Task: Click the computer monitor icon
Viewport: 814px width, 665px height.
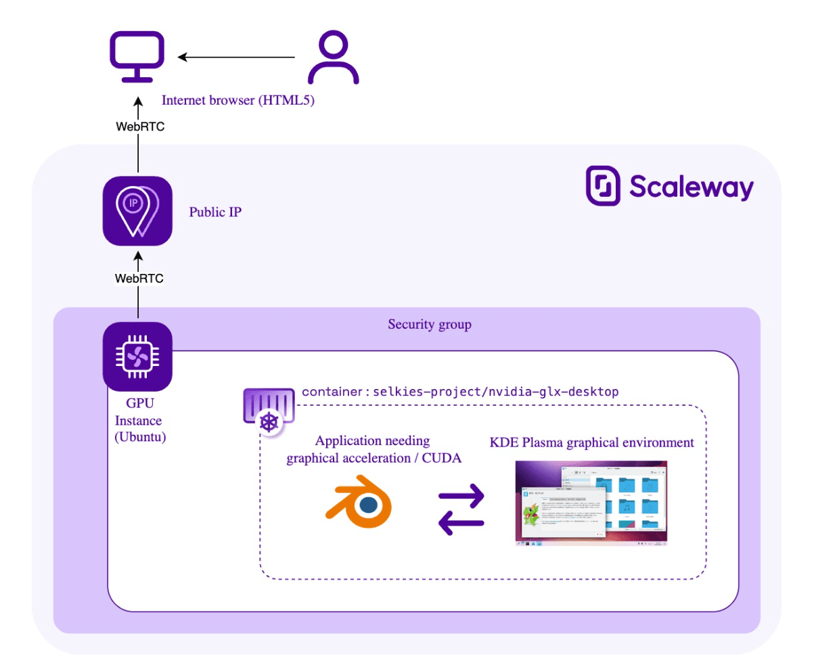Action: click(139, 57)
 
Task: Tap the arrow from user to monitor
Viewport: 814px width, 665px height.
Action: click(237, 58)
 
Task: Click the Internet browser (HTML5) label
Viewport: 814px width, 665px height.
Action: click(239, 101)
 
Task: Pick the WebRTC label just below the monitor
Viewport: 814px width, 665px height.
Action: click(139, 127)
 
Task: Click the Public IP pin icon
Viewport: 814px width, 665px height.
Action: click(138, 210)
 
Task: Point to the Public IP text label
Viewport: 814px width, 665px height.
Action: click(215, 212)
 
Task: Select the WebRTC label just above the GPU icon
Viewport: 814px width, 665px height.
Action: click(139, 278)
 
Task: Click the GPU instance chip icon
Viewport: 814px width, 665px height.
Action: click(138, 356)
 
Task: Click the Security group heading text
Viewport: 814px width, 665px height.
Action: click(429, 325)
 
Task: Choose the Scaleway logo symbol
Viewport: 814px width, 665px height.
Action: click(603, 185)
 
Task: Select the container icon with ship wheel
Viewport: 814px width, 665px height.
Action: click(269, 408)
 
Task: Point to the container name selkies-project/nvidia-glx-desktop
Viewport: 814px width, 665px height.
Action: click(460, 392)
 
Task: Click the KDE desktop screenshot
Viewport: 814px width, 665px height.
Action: click(591, 503)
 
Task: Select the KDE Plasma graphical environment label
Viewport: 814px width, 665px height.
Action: click(591, 443)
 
